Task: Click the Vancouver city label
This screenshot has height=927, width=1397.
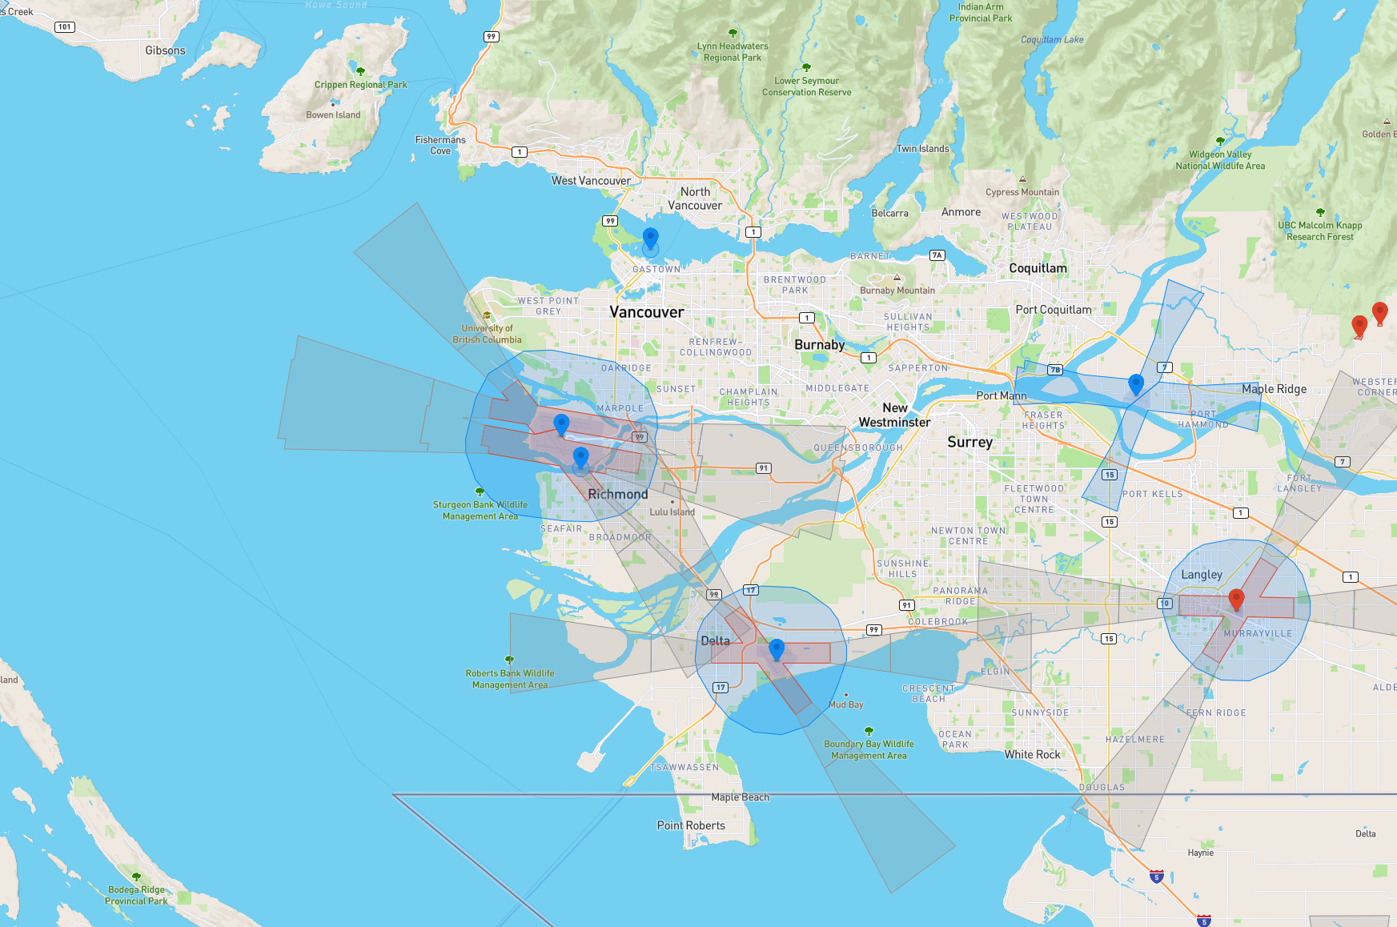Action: click(646, 312)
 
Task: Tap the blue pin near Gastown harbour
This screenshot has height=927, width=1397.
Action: click(651, 238)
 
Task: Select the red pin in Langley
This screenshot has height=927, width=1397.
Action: click(1236, 599)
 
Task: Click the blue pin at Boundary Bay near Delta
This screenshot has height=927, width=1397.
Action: click(776, 648)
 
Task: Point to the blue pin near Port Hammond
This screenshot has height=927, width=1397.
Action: click(1135, 384)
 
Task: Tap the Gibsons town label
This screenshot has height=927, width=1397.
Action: click(165, 50)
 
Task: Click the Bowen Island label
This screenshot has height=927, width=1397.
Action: click(333, 114)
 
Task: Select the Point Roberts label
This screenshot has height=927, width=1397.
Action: click(691, 825)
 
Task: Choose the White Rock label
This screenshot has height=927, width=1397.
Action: click(1032, 754)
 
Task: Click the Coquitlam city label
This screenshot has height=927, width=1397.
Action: click(1038, 268)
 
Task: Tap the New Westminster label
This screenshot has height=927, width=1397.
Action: click(894, 415)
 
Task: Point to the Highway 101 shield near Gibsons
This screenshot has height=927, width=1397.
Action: click(65, 26)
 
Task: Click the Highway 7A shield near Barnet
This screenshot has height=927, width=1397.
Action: click(937, 255)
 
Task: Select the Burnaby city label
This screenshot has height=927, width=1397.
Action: click(819, 344)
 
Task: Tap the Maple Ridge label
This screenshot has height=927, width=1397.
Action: click(1274, 388)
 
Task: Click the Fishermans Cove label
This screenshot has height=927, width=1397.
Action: click(440, 145)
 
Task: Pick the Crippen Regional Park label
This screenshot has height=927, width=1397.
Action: click(360, 84)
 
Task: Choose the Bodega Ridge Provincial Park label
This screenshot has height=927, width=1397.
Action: click(136, 895)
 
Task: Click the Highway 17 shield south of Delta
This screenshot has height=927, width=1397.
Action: click(721, 687)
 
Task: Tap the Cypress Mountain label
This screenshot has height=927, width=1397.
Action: click(1022, 192)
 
